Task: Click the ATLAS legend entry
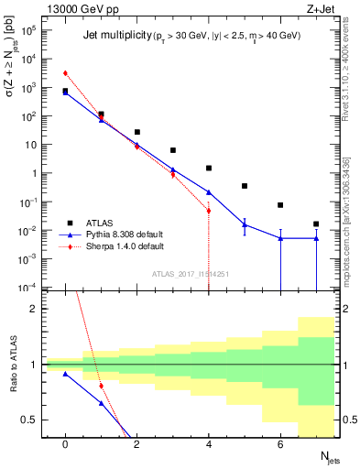click(90, 223)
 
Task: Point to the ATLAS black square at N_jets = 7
click(316, 224)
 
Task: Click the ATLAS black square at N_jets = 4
click(209, 168)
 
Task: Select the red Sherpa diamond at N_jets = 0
click(65, 73)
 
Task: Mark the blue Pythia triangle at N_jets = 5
click(245, 224)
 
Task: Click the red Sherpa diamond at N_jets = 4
click(209, 211)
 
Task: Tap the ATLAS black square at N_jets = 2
click(137, 132)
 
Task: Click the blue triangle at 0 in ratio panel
click(65, 374)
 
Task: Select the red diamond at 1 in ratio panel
click(101, 386)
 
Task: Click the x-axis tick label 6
click(280, 444)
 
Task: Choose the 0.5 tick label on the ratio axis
click(33, 420)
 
